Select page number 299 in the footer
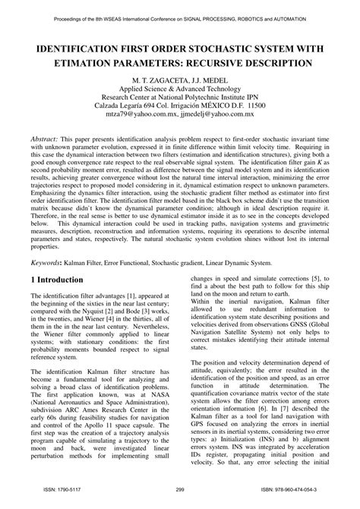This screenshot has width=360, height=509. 180,501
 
